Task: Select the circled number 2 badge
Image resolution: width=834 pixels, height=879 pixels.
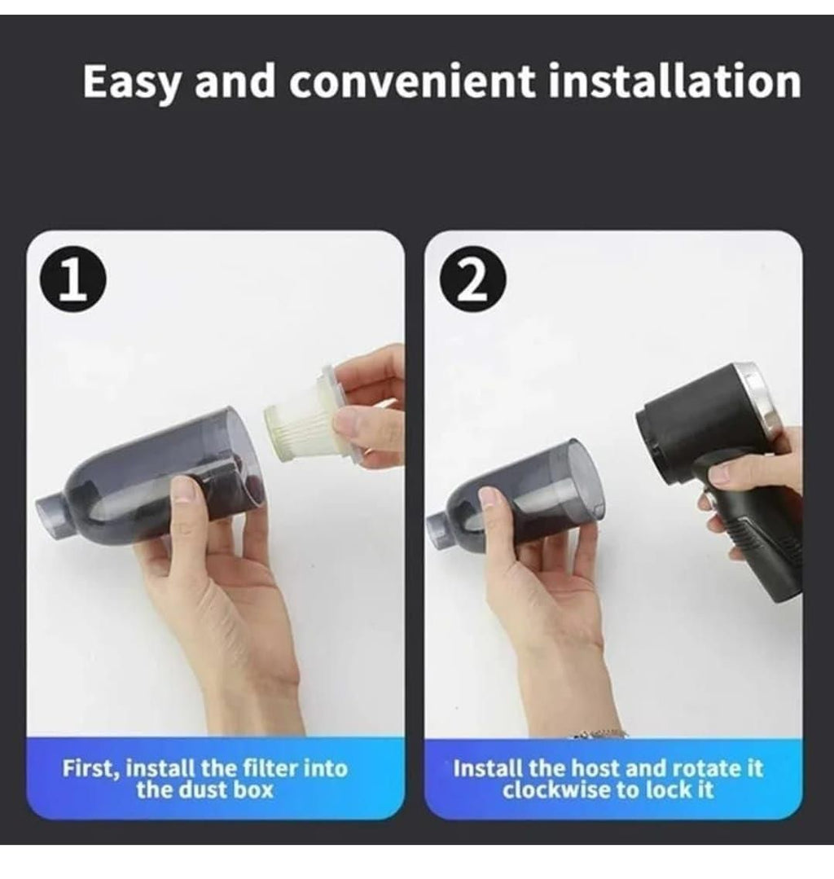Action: pos(472,285)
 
